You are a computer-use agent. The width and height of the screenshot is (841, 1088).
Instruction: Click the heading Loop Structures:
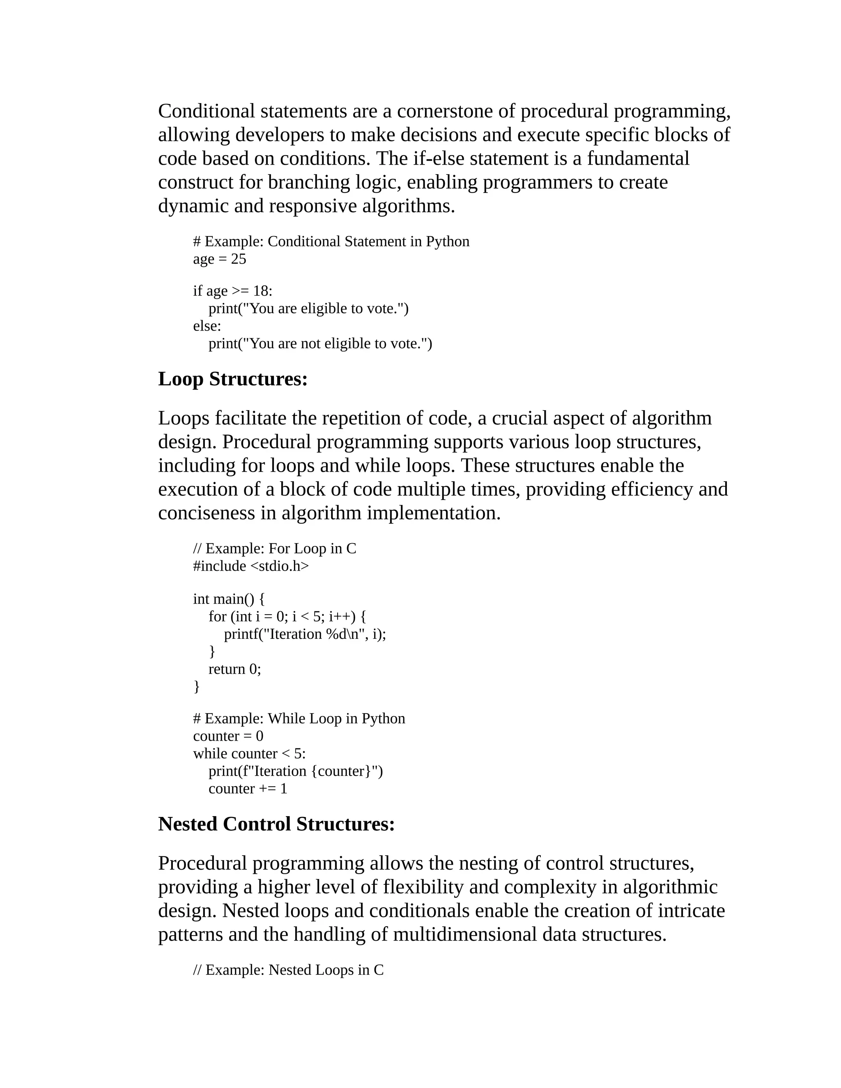coord(233,379)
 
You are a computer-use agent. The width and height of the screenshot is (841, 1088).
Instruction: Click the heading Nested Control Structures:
coord(276,824)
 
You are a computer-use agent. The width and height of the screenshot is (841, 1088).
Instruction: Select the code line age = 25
coord(219,259)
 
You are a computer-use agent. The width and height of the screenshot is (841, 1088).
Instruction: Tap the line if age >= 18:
coord(233,291)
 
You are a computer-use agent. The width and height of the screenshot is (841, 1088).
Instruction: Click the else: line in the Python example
coord(207,326)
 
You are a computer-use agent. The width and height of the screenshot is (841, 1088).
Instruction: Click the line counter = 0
coord(228,736)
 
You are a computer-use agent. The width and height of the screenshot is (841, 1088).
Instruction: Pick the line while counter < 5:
coord(249,753)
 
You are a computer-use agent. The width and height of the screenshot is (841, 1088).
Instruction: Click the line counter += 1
coord(248,789)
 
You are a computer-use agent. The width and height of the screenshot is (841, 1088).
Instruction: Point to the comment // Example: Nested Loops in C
coord(288,970)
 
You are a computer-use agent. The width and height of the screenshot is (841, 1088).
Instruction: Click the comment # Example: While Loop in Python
coord(299,718)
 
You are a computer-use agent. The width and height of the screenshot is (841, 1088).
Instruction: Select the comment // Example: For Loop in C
coord(275,549)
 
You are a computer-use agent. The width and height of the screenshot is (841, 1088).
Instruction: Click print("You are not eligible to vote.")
coord(320,344)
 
